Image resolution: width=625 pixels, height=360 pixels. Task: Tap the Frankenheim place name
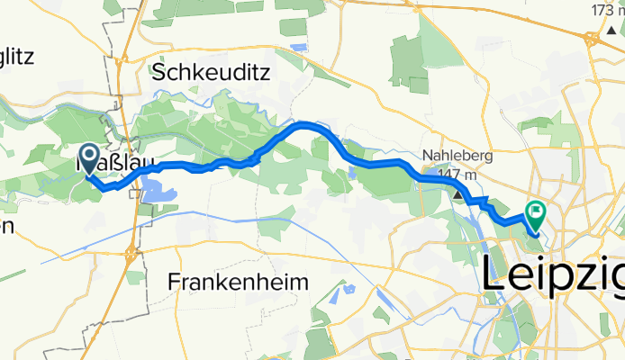tap(238, 283)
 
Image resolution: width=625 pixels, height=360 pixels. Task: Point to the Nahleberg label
tap(457, 156)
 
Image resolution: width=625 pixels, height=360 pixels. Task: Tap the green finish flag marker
tap(535, 215)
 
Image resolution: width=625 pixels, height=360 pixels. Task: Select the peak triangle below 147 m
tap(457, 193)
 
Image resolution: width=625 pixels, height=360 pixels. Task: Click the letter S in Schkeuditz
tap(160, 73)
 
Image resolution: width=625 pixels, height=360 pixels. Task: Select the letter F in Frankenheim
tap(174, 283)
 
